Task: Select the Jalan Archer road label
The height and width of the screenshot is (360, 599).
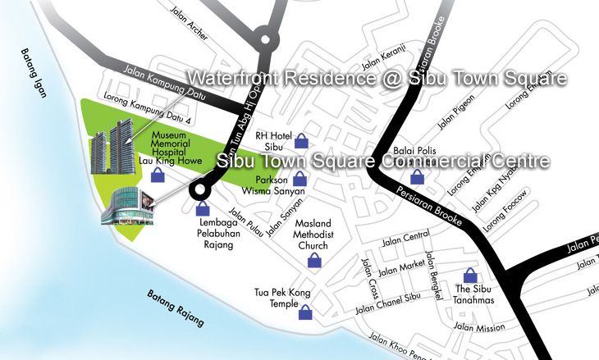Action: coord(188,27)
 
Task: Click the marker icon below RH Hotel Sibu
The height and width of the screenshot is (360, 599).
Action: coord(302,141)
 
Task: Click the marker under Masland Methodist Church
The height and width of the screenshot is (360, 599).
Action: coord(313,261)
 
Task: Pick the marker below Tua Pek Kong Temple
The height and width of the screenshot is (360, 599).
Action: coord(305,312)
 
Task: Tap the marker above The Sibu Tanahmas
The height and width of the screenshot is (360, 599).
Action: coord(471,276)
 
